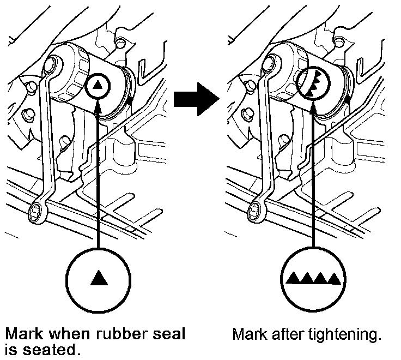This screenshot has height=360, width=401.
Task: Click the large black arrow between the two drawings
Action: (196, 99)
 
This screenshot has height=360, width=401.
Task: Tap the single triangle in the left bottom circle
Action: (98, 279)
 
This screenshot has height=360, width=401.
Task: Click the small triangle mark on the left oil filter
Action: (98, 85)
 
